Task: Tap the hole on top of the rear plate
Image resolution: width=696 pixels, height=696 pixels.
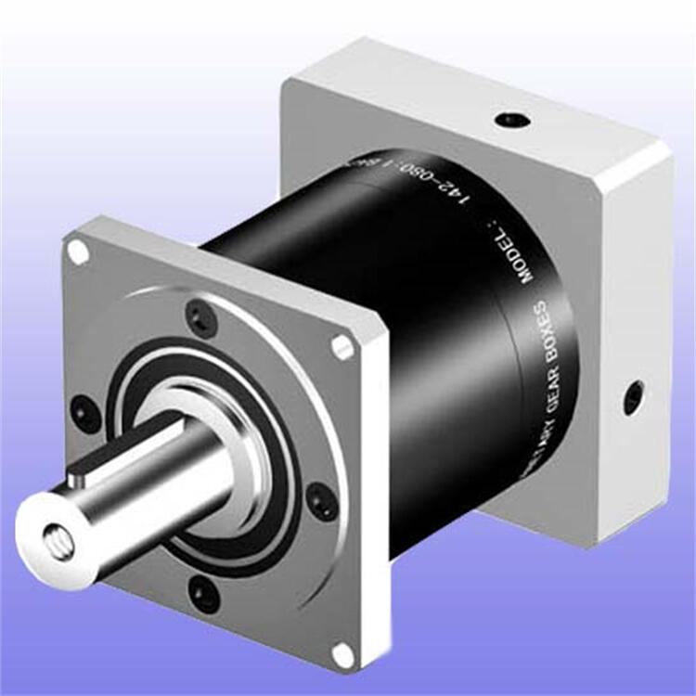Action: coord(511,120)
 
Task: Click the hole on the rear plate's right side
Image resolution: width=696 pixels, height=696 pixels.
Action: coord(634,397)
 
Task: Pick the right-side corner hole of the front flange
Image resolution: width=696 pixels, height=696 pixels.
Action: coord(342,347)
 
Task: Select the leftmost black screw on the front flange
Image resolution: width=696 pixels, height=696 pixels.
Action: coord(85,413)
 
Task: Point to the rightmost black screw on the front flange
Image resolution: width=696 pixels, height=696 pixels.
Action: coord(322,501)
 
